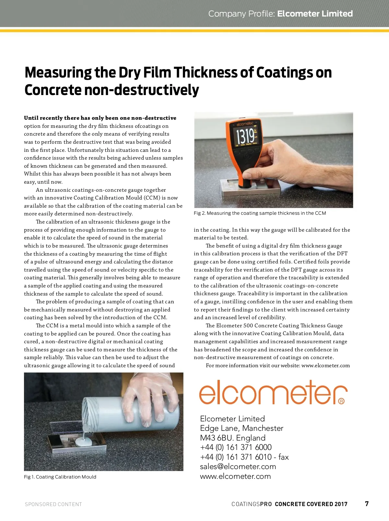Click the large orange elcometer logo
273,392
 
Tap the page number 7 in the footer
367,503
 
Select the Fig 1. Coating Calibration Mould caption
60,477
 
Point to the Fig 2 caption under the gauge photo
260,213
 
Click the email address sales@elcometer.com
238,466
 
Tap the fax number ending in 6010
244,457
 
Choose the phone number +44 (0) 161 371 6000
236,447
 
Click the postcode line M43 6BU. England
232,438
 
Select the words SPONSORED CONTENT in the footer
53,504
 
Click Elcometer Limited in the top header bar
315,14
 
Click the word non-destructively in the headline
141,90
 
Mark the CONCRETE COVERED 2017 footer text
311,504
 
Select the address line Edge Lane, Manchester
242,428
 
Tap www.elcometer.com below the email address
235,476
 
